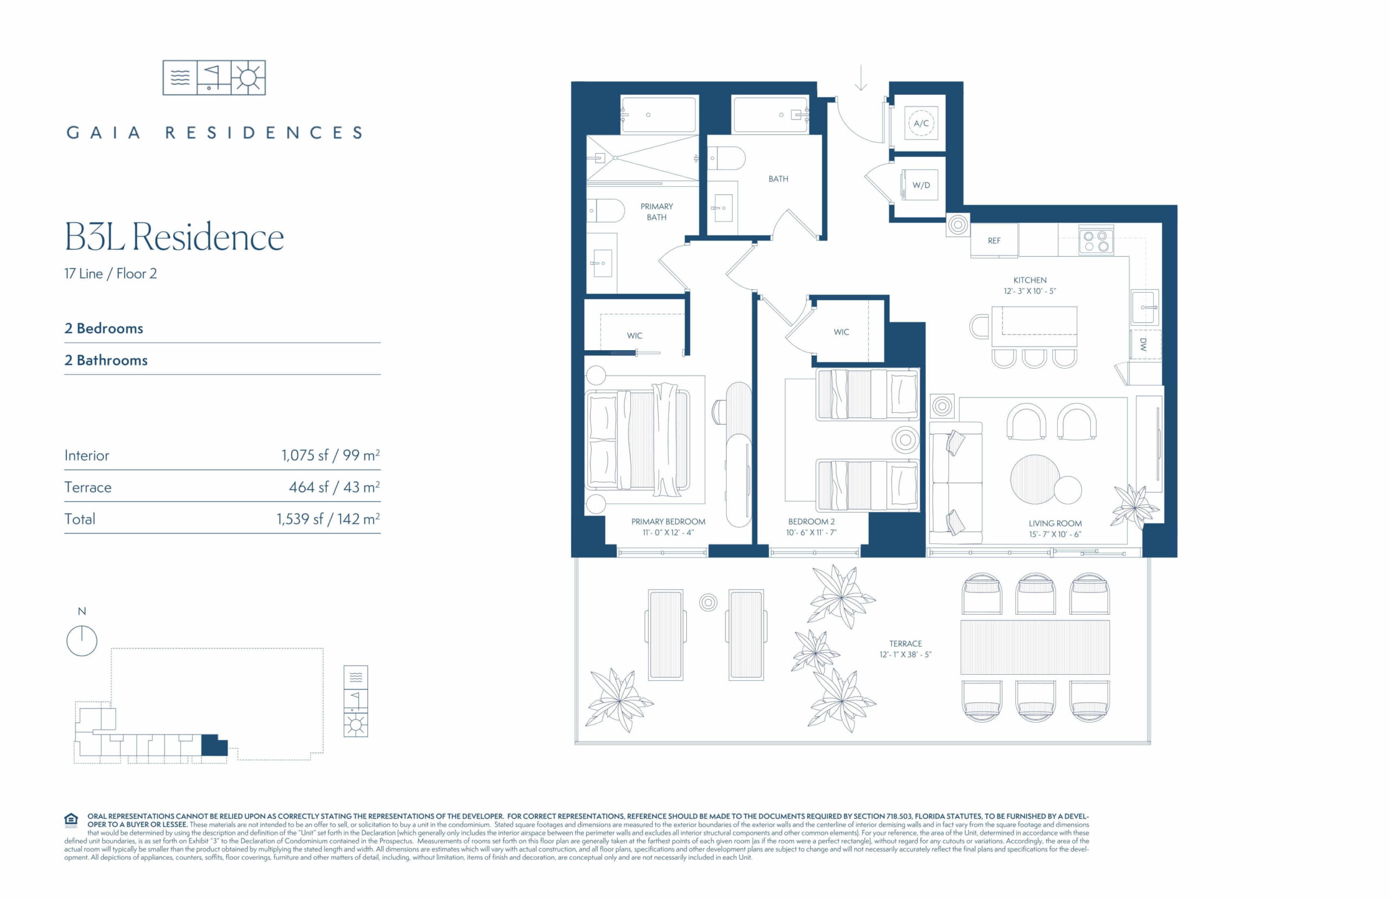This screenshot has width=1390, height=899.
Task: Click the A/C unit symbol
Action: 921,123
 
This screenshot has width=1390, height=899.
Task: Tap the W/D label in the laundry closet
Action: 921,185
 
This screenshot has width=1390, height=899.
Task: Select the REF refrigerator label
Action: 994,240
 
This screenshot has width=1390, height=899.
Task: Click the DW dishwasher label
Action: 1143,344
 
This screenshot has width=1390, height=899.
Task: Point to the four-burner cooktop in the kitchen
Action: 1096,241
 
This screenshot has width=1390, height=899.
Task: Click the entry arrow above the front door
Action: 861,78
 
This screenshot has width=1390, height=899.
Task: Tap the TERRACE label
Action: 906,643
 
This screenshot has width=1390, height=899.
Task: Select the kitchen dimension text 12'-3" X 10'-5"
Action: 1030,291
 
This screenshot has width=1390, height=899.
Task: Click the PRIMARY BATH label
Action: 656,211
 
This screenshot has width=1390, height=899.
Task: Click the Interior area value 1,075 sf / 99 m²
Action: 331,455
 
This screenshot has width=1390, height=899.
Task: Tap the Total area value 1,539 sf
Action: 300,518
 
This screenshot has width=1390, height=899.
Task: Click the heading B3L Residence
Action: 174,237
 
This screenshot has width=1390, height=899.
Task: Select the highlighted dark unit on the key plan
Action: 214,745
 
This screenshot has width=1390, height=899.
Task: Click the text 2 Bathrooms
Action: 106,360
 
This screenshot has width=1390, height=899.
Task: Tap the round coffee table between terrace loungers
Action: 708,602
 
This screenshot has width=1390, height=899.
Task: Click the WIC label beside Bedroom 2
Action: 841,332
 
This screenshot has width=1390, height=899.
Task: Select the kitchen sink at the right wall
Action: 1144,307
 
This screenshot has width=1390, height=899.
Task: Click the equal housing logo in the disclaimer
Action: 71,820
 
